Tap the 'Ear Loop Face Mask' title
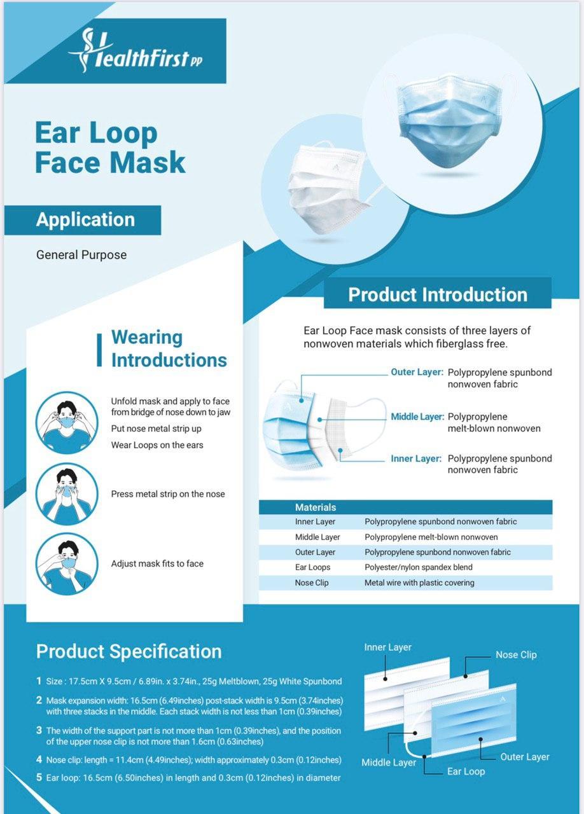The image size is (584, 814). coord(110,147)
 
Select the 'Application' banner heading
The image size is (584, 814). coord(85,220)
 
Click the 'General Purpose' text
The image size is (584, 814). coord(81,255)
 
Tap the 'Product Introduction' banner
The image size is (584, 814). coord(438,294)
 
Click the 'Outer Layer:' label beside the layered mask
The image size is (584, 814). coord(417,372)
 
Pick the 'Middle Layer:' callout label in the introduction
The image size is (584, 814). coord(417,417)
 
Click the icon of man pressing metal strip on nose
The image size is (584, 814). coord(67,494)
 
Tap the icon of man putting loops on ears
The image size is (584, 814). coord(67,423)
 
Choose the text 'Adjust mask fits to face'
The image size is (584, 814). coord(157,563)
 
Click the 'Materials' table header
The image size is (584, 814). coord(316,507)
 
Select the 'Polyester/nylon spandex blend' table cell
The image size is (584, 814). coord(419,567)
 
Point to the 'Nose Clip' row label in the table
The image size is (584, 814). coord(312,583)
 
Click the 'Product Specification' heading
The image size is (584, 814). coord(129,651)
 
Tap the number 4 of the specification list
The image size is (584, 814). coord(39,759)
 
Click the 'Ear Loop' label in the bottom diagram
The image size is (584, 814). coord(466,771)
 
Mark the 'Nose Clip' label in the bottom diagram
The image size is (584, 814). coord(516,655)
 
